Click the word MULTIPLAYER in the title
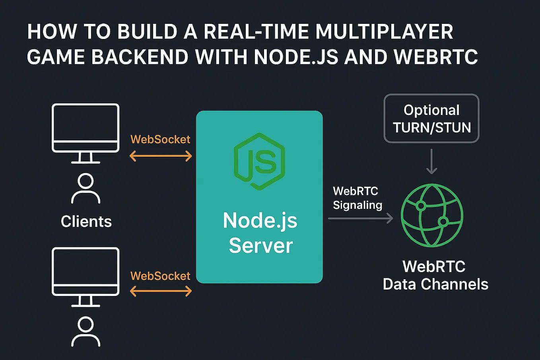click(384, 32)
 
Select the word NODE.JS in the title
click(296, 57)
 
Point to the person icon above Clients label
click(85, 189)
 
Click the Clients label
click(86, 222)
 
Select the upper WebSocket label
click(160, 139)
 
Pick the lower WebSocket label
click(160, 276)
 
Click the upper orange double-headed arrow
click(161, 156)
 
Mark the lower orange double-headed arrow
click(161, 292)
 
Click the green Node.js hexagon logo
click(259, 161)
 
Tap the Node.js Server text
click(260, 233)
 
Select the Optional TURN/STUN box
click(431, 119)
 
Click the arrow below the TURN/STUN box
click(431, 162)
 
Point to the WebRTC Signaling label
click(357, 198)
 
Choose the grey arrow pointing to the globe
click(360, 218)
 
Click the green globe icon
click(432, 215)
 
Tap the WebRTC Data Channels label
click(435, 275)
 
